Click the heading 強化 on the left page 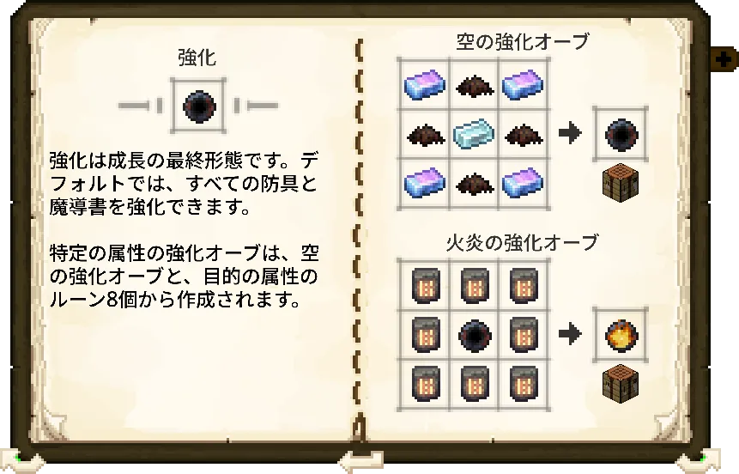[197, 58]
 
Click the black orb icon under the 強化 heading [197, 106]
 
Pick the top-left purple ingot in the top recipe [424, 84]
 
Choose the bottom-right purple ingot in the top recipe [523, 183]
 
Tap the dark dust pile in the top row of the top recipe [474, 85]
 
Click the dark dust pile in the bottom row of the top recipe [474, 184]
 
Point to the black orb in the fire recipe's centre [474, 333]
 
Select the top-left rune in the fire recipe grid [424, 284]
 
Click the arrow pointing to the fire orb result [570, 333]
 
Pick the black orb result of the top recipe [620, 133]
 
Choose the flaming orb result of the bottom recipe [620, 333]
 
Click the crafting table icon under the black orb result [620, 181]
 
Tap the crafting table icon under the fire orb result [620, 380]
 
